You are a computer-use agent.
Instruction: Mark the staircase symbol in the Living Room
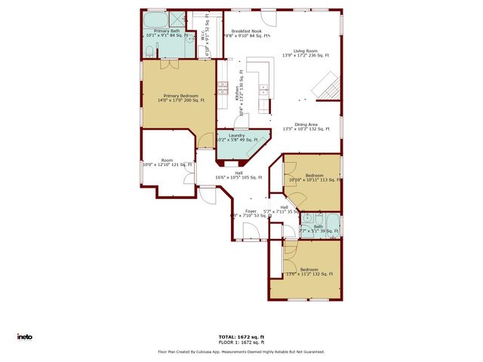(327, 84)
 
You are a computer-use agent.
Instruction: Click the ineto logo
(25, 336)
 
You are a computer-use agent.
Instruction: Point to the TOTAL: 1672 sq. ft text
(241, 336)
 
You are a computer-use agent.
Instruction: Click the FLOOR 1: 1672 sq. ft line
(241, 342)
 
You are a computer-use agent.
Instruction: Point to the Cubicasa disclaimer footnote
(241, 351)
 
